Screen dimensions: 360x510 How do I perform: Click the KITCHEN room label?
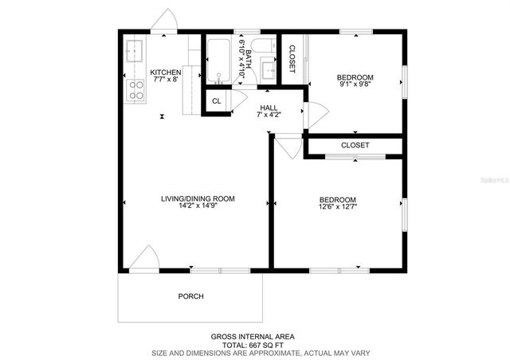(166, 72)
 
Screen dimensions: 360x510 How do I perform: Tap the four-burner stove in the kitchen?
(135, 91)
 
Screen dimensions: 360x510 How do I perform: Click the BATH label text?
(248, 58)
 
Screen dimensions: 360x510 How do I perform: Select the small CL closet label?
(216, 101)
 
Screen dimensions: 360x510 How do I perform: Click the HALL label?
(268, 107)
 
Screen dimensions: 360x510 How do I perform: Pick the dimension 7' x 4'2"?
(268, 115)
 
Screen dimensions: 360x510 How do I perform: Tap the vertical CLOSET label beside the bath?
(292, 59)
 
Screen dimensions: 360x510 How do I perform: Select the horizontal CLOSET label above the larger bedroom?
(355, 146)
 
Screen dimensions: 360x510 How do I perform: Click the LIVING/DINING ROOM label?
(198, 199)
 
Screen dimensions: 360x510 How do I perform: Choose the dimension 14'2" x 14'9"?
(198, 207)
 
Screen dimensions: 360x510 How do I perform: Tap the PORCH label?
(190, 296)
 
